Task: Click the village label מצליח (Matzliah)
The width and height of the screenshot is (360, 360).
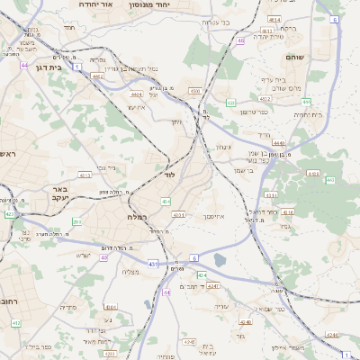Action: coord(129,271)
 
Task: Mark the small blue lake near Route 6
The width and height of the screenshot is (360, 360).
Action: coord(220,261)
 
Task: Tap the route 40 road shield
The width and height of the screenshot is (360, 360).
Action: coord(104,257)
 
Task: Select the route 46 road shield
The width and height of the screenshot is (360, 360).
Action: coord(240,40)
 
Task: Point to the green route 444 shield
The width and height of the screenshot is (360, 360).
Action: coord(331,180)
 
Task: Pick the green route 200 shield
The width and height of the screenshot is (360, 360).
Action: coord(76,221)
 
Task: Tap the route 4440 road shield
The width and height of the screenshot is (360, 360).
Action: coord(279,142)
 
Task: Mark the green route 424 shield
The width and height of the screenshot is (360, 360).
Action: coord(202,274)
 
